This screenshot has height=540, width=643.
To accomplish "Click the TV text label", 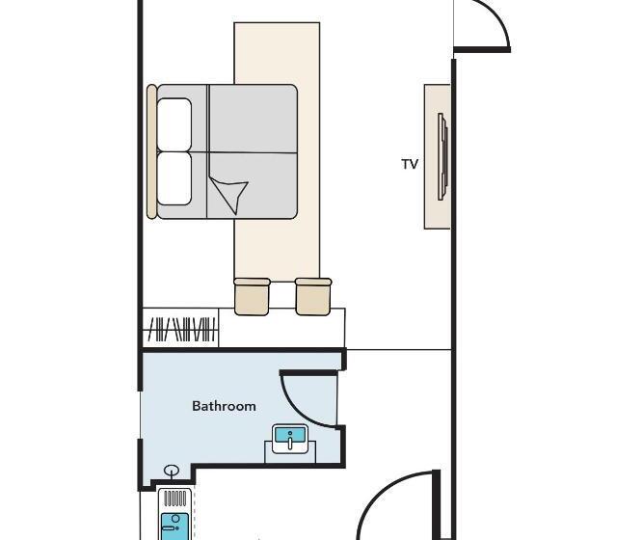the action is [410, 164].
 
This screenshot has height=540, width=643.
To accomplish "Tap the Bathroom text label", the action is [224, 406].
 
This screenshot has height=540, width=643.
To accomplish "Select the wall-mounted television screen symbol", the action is [442, 156].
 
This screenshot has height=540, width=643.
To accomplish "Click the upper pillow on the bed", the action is [174, 124].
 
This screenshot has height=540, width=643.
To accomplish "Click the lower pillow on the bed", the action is [174, 178].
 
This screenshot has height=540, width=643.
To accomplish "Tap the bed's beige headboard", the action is [151, 151].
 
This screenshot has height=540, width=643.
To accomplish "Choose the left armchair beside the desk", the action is [252, 297].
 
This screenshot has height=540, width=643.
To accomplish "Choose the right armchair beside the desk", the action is [313, 297].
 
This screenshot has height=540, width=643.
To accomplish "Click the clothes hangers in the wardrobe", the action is [181, 330].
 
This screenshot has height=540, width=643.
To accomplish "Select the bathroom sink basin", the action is [290, 439].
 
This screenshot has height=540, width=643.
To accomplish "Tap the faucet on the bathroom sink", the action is [290, 442].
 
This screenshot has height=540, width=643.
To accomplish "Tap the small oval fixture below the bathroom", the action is [172, 470].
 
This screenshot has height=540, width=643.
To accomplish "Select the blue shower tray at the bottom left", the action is [175, 526].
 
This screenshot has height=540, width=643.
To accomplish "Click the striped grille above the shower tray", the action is [175, 499].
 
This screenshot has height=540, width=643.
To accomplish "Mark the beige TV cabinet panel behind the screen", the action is [437, 156].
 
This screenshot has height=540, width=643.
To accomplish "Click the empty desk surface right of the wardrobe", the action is [281, 331].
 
